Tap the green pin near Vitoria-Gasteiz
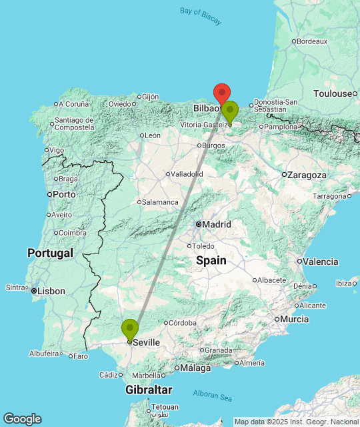tap(230, 111)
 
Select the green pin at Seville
tap(130, 330)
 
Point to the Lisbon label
tap(51, 291)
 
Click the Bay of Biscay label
tap(201, 15)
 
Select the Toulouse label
tap(339, 94)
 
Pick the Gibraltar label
tap(149, 390)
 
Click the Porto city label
tap(64, 194)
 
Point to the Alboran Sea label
tap(213, 394)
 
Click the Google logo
tap(21, 418)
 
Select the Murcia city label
tap(294, 319)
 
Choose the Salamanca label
tap(161, 201)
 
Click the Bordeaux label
tap(312, 41)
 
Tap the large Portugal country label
tap(50, 253)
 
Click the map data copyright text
tap(296, 421)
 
